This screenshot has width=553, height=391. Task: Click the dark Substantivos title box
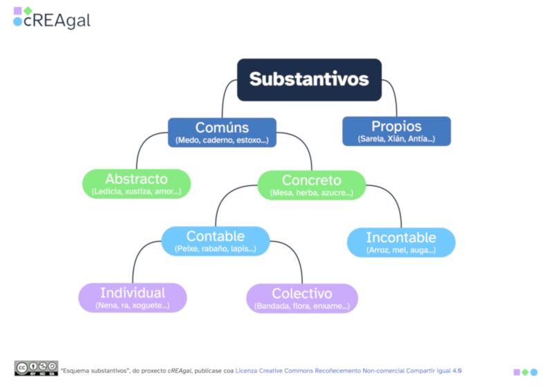tap(309, 79)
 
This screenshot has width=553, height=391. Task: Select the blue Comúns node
tap(222, 132)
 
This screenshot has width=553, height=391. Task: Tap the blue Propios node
tap(396, 131)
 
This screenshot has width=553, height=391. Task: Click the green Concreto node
tap(311, 185)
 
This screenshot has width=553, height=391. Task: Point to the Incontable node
tap(401, 242)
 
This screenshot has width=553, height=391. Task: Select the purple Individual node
tap(132, 298)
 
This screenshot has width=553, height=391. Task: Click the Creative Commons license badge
tap(36, 368)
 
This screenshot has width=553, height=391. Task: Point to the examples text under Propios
tap(396, 139)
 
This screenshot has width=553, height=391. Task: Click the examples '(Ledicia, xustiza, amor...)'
tap(136, 191)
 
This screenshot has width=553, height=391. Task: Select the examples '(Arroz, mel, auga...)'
tap(401, 250)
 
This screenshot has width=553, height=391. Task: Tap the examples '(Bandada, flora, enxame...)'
tap(301, 306)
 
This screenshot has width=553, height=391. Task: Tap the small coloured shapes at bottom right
tap(525, 372)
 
